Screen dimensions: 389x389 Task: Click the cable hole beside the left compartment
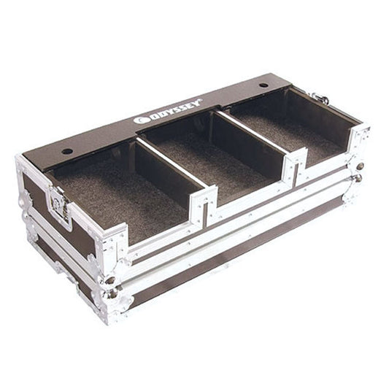(x=67, y=151)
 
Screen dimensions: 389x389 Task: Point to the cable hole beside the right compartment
(x=263, y=85)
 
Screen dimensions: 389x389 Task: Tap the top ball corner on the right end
(x=359, y=166)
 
